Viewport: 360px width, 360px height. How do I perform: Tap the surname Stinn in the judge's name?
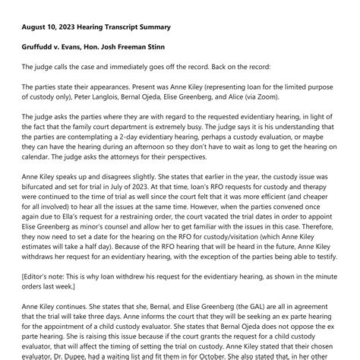pyautogui.click(x=177, y=47)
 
